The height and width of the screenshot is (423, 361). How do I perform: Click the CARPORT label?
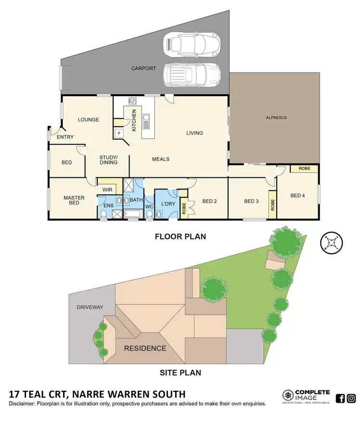pos(143,69)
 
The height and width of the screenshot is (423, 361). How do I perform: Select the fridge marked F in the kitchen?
pos(118,134)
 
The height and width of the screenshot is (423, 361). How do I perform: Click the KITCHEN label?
pos(134,120)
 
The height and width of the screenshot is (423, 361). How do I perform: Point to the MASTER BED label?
pos(74,200)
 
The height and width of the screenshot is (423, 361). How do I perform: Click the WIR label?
pos(107,190)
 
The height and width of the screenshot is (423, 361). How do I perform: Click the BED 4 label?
pos(298,196)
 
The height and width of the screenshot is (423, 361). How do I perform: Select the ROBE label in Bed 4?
pos(304,169)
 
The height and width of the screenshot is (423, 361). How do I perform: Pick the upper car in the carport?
pos(192,43)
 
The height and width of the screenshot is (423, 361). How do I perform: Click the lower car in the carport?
pos(192,75)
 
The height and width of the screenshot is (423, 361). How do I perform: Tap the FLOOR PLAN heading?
pos(180,236)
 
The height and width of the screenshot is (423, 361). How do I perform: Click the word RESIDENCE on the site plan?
pos(145,348)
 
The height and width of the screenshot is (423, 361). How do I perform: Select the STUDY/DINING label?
pos(108,160)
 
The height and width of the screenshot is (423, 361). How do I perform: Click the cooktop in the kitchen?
pos(132,101)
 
